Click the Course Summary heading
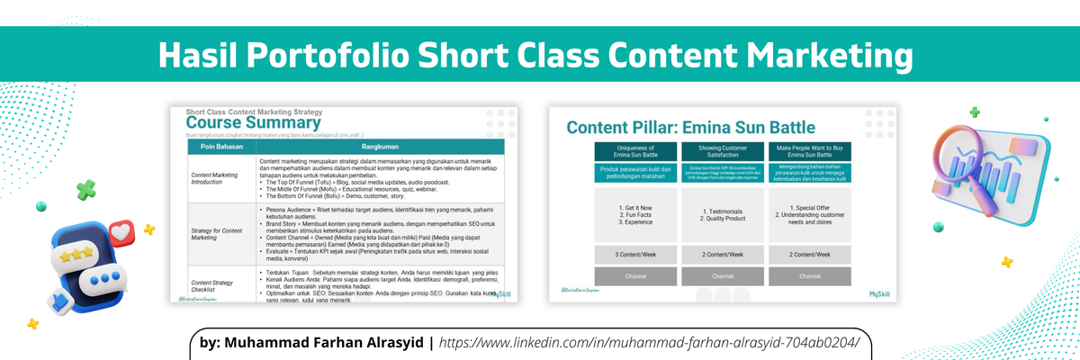click(253, 123)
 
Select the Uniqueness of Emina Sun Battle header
click(636, 151)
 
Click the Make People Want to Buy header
click(811, 151)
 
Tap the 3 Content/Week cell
click(636, 255)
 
